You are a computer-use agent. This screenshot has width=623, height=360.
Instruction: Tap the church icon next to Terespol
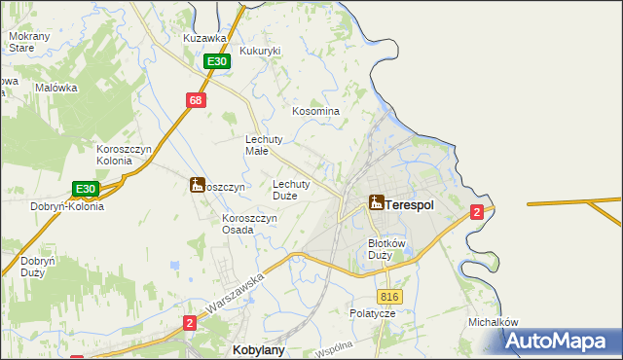376,202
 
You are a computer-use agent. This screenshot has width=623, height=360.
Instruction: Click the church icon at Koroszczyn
197,184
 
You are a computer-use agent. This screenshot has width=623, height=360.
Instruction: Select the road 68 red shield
196,100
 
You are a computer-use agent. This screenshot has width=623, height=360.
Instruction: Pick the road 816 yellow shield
389,297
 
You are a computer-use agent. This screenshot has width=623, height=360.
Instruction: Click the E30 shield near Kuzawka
217,61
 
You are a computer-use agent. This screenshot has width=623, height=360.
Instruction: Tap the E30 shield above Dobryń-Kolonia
86,189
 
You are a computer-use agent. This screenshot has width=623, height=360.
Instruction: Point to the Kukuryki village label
260,50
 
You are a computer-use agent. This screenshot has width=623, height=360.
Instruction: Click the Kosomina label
315,111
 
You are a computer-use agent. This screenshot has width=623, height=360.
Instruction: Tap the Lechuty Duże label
291,189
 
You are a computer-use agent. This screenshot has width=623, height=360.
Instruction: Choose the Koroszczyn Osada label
250,224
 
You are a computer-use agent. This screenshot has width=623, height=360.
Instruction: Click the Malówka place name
55,88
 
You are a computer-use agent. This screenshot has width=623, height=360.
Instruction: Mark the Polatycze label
373,314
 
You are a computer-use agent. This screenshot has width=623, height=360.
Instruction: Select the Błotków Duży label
385,249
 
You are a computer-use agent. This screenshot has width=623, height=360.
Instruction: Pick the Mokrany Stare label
21,41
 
